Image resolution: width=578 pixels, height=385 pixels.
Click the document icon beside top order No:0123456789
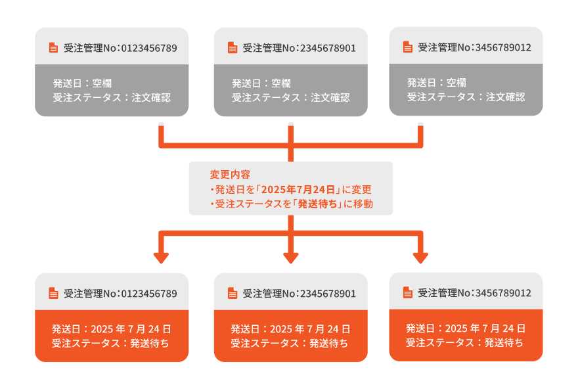click(53, 48)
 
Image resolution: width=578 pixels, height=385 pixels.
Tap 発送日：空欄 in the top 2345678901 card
click(261, 83)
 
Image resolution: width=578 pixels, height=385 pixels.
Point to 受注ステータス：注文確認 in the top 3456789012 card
click(466, 97)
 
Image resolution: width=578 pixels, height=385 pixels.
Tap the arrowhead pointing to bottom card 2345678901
click(290, 257)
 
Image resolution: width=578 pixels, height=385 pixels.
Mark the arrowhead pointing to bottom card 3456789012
click(420, 257)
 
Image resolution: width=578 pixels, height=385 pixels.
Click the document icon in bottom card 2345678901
click(232, 294)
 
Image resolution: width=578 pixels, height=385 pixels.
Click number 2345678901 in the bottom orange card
click(328, 294)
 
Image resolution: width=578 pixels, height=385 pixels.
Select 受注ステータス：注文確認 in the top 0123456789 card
click(112, 97)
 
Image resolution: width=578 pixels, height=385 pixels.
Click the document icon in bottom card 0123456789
click(53, 294)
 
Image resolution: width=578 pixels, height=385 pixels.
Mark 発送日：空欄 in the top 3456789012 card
click(436, 83)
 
